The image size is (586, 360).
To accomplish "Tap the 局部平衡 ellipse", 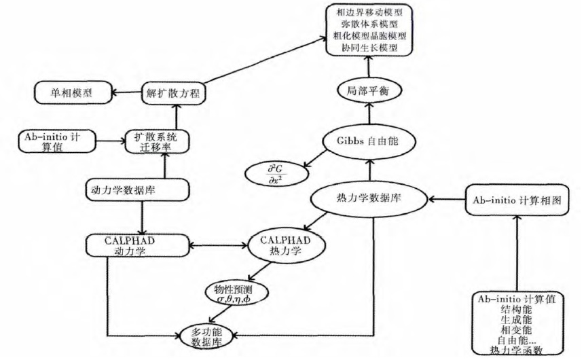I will (368, 91).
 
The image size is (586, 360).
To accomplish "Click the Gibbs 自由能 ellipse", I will (367, 142).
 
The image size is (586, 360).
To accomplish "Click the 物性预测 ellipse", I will (238, 292).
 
